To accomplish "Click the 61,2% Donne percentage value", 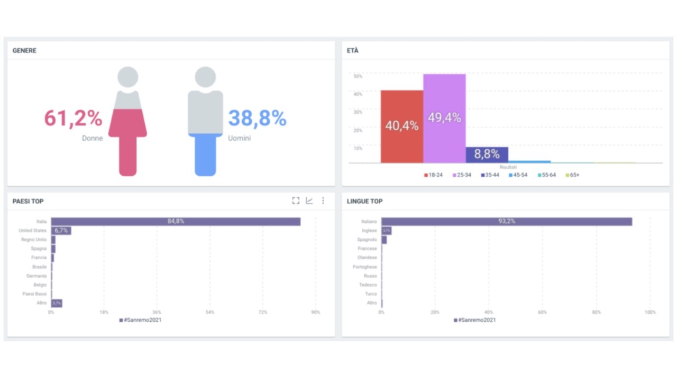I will (x=72, y=119).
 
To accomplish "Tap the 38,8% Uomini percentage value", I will (x=257, y=119).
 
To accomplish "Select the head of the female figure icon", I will (x=127, y=77).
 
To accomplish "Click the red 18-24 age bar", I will (x=402, y=126).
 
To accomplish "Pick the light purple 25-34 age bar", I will (x=444, y=118).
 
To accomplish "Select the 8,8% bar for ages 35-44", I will (x=487, y=155).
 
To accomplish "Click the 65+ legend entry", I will (x=572, y=175).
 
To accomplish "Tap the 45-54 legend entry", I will (x=518, y=175).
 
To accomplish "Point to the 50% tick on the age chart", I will (x=358, y=76).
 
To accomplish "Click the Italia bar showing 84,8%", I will (x=176, y=222).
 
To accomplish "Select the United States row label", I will (x=32, y=231).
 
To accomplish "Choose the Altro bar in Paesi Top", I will (x=57, y=303).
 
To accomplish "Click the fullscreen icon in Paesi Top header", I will (x=296, y=201).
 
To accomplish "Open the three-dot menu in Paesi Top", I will (x=323, y=201).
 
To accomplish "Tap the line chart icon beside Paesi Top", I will (x=309, y=201).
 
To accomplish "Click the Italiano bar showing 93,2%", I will (x=506, y=222).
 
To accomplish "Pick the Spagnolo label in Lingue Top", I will (x=367, y=240).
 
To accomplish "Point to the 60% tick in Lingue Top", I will (x=543, y=312).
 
